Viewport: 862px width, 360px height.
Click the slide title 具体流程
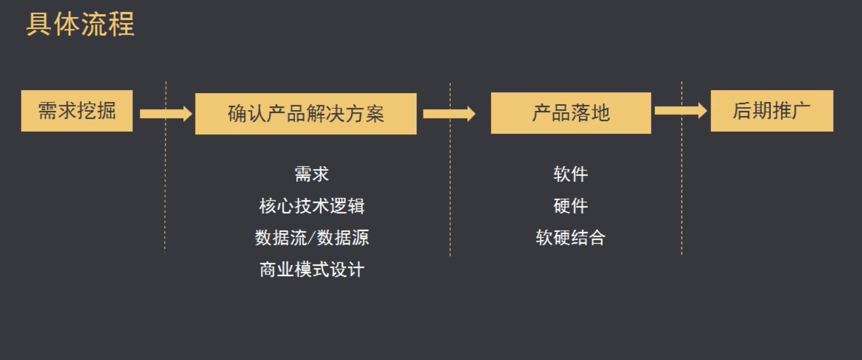click(80, 25)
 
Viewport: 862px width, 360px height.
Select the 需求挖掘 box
click(77, 111)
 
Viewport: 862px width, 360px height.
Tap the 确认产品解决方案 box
click(305, 114)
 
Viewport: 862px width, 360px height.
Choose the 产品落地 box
click(570, 113)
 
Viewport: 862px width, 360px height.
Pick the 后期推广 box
click(772, 111)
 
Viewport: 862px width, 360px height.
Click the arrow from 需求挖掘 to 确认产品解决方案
click(165, 113)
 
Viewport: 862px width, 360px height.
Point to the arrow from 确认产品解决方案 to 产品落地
click(449, 113)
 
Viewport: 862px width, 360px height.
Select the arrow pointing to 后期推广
click(680, 111)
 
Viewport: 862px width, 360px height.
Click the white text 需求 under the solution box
click(311, 174)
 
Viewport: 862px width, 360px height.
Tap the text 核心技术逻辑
click(311, 206)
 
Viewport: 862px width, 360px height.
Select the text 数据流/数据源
click(311, 238)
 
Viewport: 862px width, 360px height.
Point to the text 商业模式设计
click(311, 270)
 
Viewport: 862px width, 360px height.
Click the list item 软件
click(570, 174)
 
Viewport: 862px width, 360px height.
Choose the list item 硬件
click(570, 206)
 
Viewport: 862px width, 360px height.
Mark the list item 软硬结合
click(570, 238)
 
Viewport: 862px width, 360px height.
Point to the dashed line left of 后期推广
click(682, 191)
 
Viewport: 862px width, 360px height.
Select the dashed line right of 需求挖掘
click(165, 191)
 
